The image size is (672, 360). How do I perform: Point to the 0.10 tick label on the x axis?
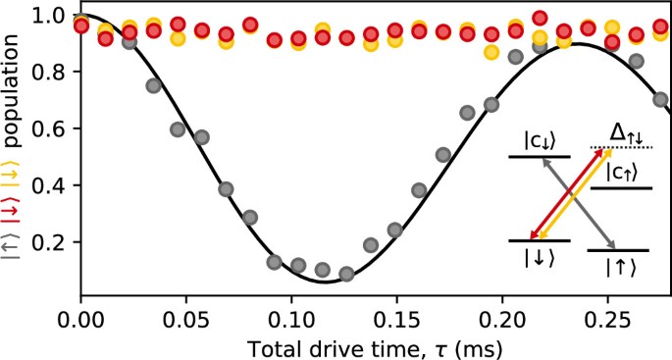[291, 320]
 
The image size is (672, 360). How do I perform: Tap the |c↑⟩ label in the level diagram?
[619, 171]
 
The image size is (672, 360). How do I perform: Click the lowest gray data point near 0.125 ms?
[345, 274]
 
